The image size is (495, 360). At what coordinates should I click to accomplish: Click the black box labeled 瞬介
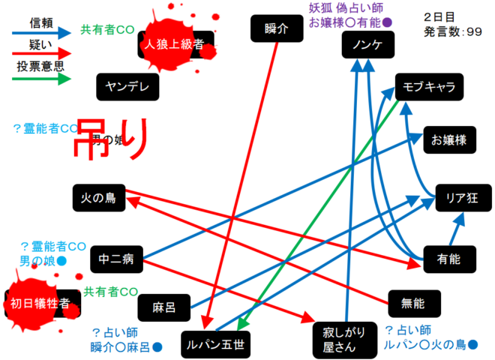(277, 29)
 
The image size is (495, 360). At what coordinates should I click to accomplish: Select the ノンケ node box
(367, 46)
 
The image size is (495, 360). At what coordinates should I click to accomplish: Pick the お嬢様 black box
(449, 139)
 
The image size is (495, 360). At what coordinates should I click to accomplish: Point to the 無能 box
(413, 303)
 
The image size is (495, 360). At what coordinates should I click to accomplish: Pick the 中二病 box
(116, 260)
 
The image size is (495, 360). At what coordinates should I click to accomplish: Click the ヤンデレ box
(128, 87)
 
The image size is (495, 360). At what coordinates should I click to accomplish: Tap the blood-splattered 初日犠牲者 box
(40, 303)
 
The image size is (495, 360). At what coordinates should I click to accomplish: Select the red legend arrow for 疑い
(41, 54)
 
